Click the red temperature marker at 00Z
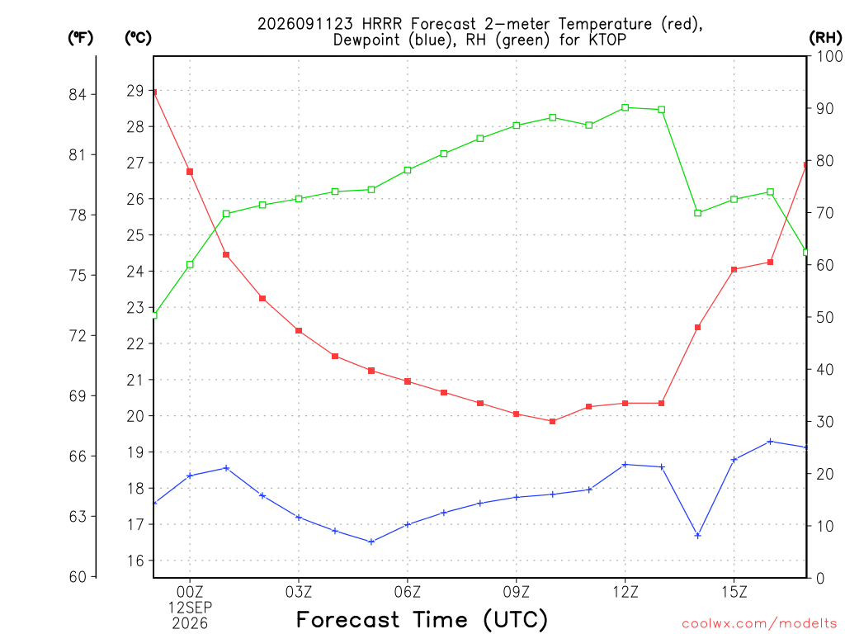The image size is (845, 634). pos(190,172)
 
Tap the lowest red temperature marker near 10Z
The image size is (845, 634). pos(552,421)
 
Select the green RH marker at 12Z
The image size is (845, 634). pos(625,108)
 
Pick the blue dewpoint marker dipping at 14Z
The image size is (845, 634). pos(698,535)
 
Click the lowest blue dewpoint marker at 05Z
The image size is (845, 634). pos(371,542)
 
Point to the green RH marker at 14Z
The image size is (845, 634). pos(698,213)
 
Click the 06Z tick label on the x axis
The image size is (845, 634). pos(408,592)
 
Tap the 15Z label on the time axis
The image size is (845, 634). pos(734,592)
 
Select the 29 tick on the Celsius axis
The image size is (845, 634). pos(135,91)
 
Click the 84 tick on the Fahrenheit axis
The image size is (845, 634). pos(78,94)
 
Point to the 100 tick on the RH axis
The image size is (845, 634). pos(830,56)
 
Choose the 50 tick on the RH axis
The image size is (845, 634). pos(825,317)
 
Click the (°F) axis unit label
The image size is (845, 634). pos(80,38)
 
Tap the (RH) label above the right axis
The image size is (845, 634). pos(825,37)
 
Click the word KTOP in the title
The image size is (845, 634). pos(607,40)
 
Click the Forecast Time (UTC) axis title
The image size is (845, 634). pos(422,620)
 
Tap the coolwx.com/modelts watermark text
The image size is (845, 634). pos(759,623)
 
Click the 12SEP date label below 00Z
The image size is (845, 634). pos(190,608)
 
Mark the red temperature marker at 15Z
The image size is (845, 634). pos(734,270)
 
